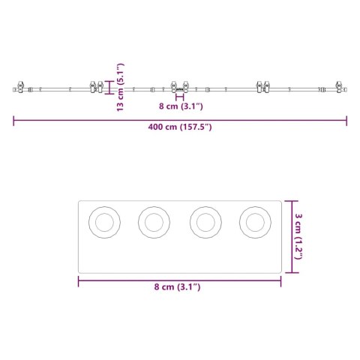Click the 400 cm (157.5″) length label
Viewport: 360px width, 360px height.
point(180,127)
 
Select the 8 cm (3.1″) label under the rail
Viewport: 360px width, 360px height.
point(181,106)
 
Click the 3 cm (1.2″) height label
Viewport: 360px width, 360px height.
point(299,234)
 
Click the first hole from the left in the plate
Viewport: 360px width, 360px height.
point(103,222)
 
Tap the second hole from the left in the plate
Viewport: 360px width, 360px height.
point(154,222)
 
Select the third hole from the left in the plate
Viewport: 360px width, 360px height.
point(204,222)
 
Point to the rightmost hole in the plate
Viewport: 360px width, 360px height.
point(254,222)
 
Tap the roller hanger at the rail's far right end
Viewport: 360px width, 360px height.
point(340,88)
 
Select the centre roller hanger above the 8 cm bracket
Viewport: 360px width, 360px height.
point(179,88)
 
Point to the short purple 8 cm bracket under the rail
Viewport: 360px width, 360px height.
point(179,97)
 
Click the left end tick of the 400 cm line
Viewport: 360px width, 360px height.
point(13,118)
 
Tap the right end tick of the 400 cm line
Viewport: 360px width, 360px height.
point(346,118)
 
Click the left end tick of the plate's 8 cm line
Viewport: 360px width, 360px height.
point(79,281)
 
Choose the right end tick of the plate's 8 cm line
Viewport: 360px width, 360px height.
point(280,281)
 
